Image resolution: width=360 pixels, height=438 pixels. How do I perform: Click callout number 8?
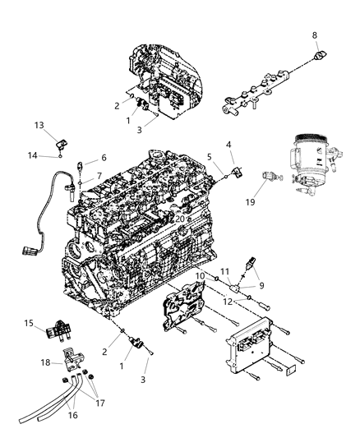(315, 35)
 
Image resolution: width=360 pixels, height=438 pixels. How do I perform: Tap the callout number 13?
(39, 125)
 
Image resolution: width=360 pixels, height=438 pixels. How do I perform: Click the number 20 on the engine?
(180, 219)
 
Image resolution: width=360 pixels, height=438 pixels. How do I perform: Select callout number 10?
(201, 275)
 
